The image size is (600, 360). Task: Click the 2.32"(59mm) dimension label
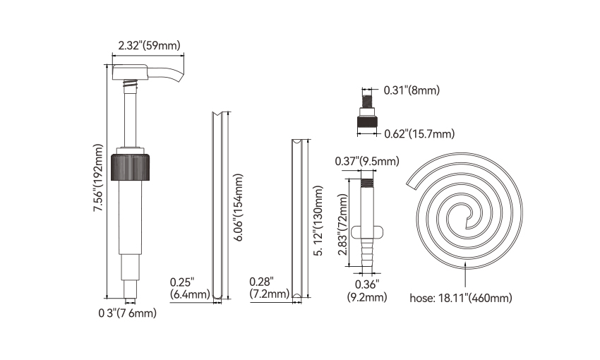pyautogui.click(x=149, y=45)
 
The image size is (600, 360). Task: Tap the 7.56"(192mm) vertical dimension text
pyautogui.click(x=99, y=178)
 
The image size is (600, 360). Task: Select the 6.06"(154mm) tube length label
pyautogui.click(x=238, y=208)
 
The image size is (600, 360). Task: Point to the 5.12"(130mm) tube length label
pyautogui.click(x=318, y=221)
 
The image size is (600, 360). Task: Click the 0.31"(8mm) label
pyautogui.click(x=412, y=90)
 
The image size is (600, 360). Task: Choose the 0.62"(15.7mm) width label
pyautogui.click(x=419, y=134)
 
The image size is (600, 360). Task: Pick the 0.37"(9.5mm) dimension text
pyautogui.click(x=367, y=161)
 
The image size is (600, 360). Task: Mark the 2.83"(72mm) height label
pyautogui.click(x=343, y=224)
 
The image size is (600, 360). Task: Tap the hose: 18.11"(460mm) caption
pyautogui.click(x=461, y=298)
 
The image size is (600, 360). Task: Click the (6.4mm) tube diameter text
pyautogui.click(x=190, y=294)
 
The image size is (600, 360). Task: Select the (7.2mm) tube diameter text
pyautogui.click(x=270, y=294)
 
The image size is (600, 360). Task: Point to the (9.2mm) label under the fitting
pyautogui.click(x=367, y=297)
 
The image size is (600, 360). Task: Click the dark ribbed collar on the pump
pyautogui.click(x=130, y=167)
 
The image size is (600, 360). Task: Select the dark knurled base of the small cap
pyautogui.click(x=367, y=121)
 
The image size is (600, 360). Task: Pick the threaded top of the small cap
pyautogui.click(x=367, y=99)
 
